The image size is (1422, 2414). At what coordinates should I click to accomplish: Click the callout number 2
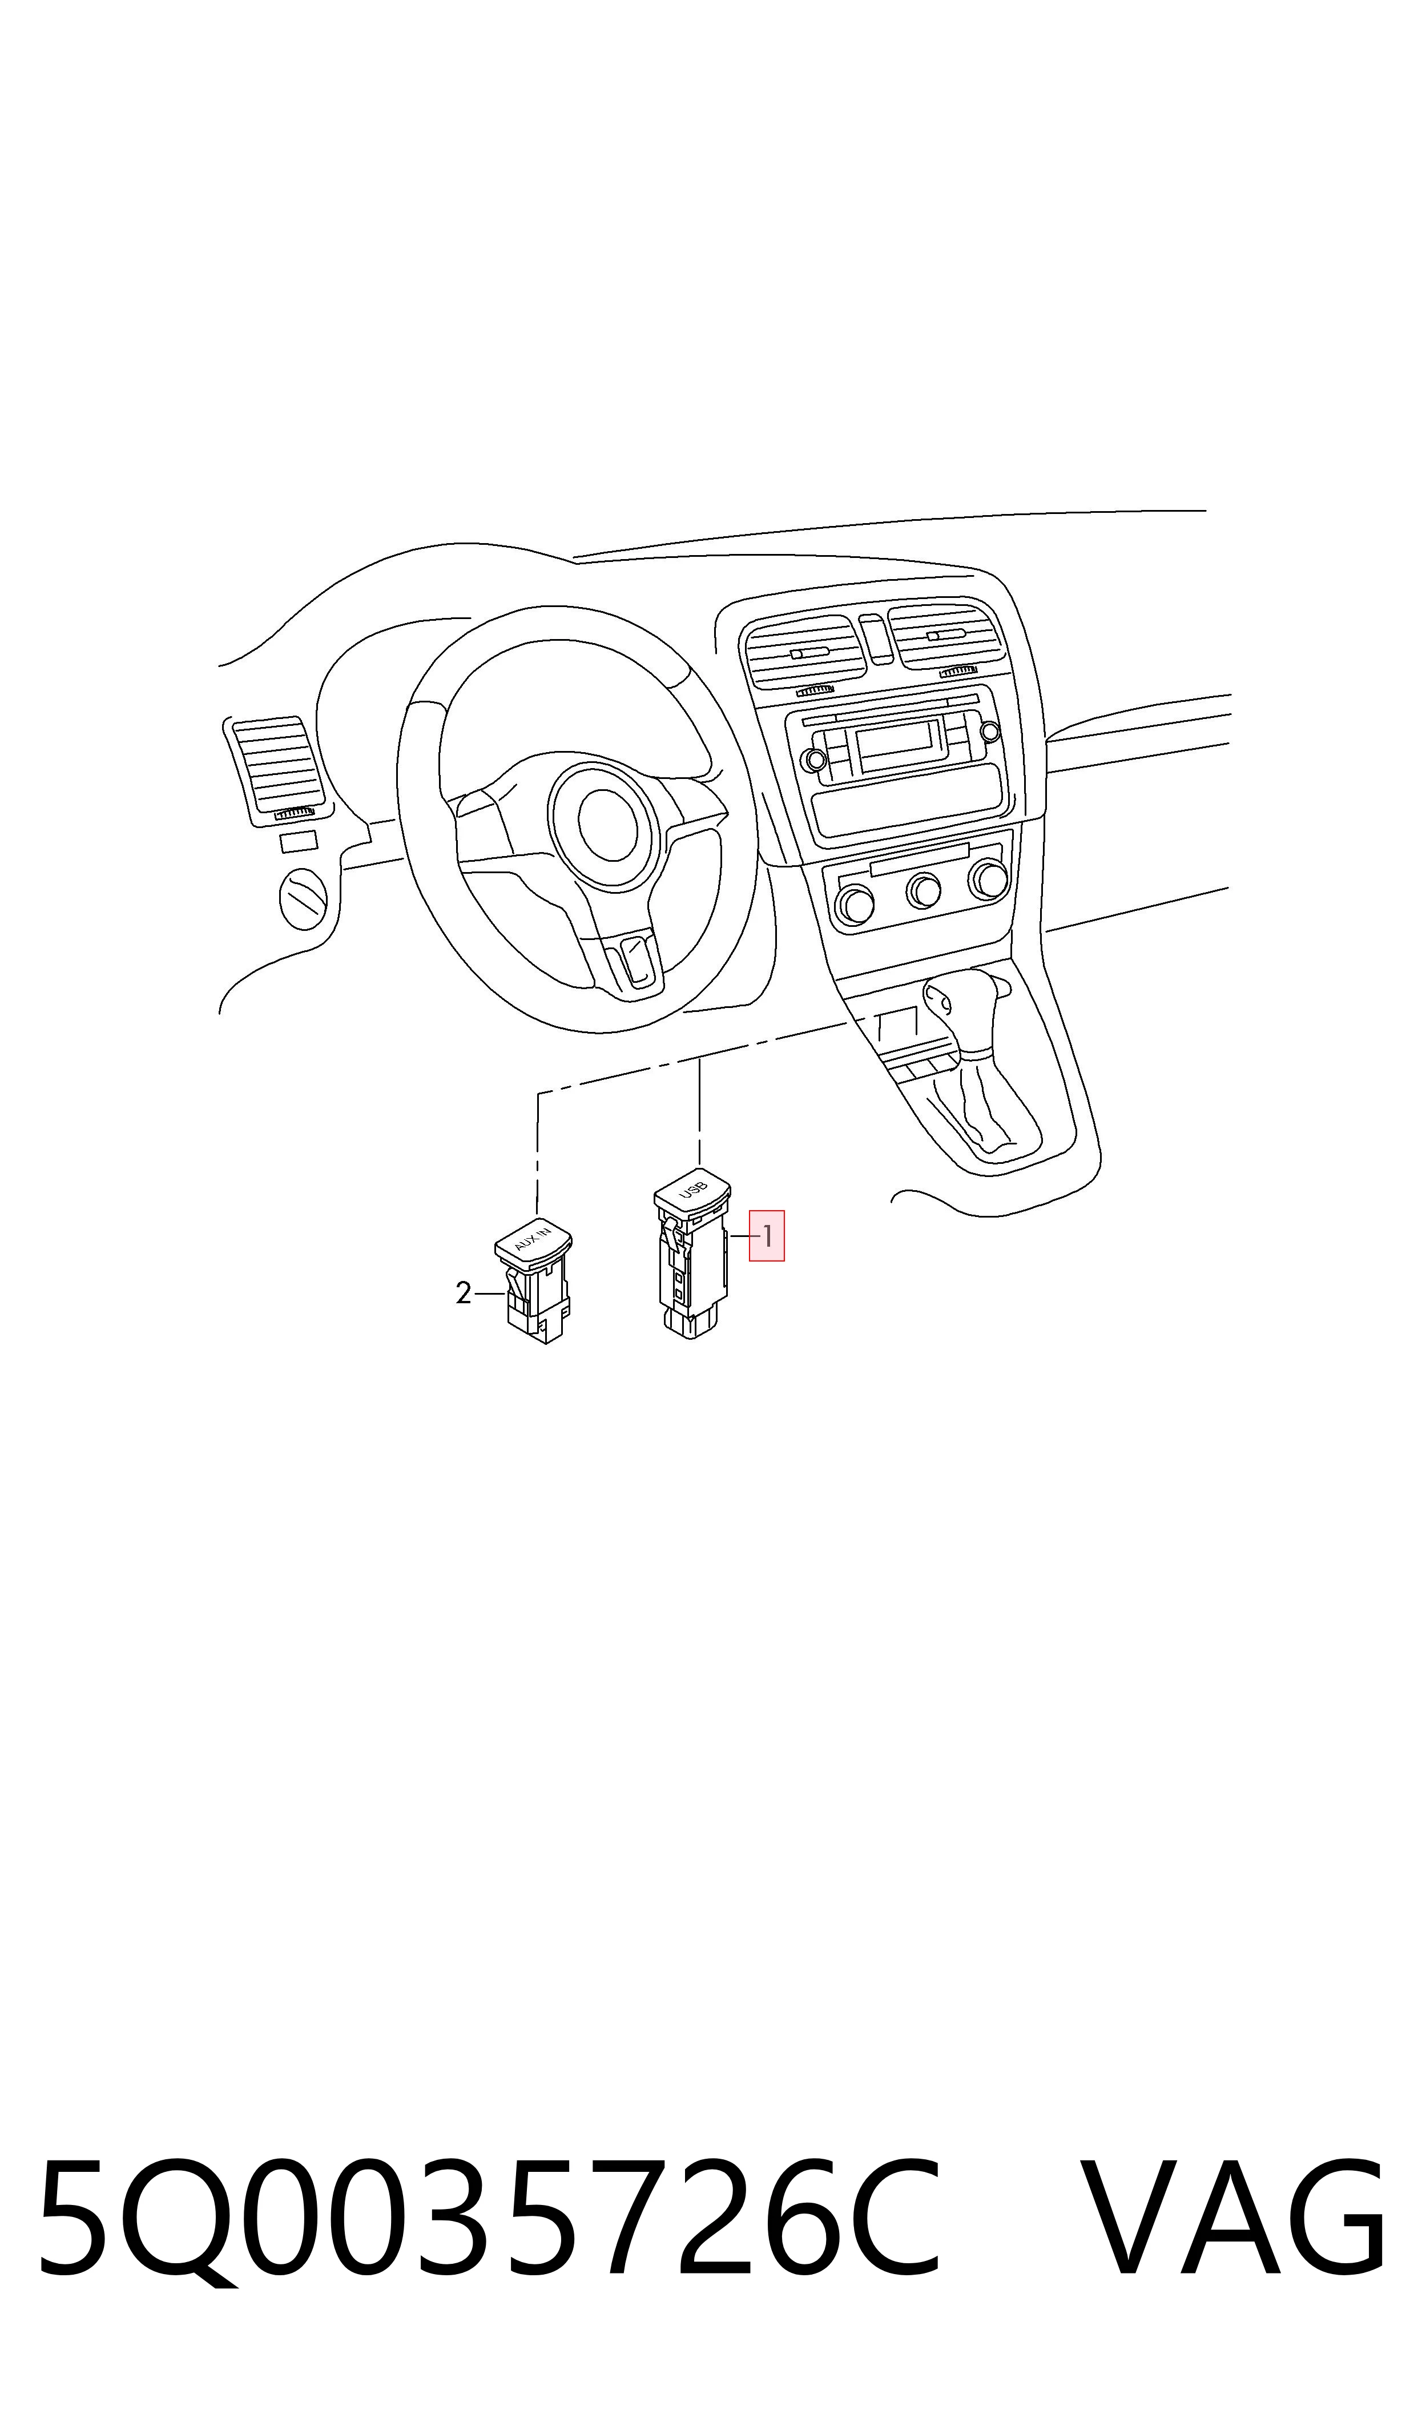[x=464, y=1294]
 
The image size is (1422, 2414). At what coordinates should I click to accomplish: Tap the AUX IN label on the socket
[x=533, y=1238]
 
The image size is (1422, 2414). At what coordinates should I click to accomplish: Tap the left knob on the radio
[x=815, y=760]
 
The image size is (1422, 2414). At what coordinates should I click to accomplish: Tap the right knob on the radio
[x=991, y=730]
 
